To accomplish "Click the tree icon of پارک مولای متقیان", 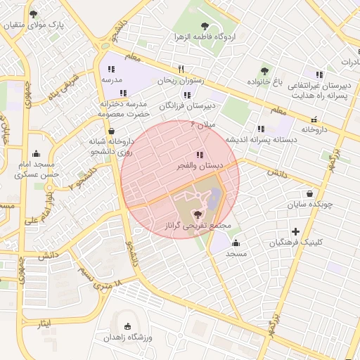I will coord(34,14).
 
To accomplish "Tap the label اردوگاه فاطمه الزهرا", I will coord(205,37).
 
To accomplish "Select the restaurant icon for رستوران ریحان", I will coord(181,69).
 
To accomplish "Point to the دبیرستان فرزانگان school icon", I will coord(188,94).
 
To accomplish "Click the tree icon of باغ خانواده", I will coord(264,70).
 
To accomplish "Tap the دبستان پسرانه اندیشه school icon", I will coord(261,129).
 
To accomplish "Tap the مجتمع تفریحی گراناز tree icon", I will coord(200,215).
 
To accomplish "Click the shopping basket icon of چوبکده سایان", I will coord(309,194).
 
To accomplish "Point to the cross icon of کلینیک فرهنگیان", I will coord(295,231).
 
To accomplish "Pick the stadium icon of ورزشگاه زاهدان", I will coord(127,326).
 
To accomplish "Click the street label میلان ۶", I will coord(205,124).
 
